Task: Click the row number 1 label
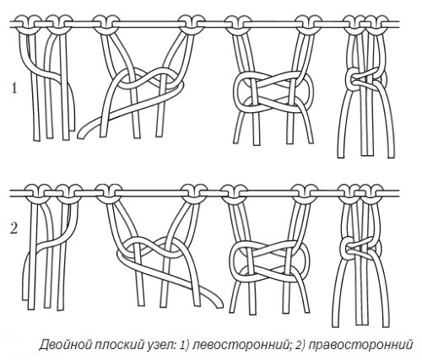[14, 88]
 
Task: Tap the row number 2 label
[14, 228]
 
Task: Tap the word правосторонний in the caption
[360, 345]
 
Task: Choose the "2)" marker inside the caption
[300, 345]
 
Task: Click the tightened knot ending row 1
[365, 79]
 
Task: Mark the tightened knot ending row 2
[360, 248]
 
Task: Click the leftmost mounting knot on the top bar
[27, 24]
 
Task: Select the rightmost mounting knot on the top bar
[375, 24]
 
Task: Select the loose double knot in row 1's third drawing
[273, 92]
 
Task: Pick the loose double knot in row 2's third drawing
[269, 260]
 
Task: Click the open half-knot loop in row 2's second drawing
[156, 248]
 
